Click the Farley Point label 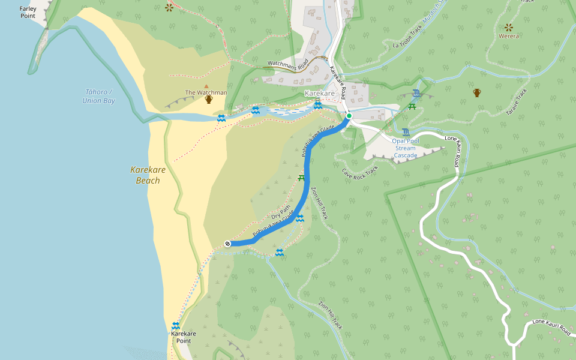point(28,12)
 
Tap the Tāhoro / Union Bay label point(99,96)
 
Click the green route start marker point(349,115)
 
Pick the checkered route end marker point(227,243)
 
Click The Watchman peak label point(206,92)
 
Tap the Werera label point(509,36)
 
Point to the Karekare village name point(319,94)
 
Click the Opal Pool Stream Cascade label point(405,148)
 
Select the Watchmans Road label point(288,62)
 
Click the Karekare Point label point(184,337)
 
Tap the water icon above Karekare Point point(176,325)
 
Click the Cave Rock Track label point(361,172)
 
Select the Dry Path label point(280,212)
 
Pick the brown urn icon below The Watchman point(209,100)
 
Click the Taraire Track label point(515,102)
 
